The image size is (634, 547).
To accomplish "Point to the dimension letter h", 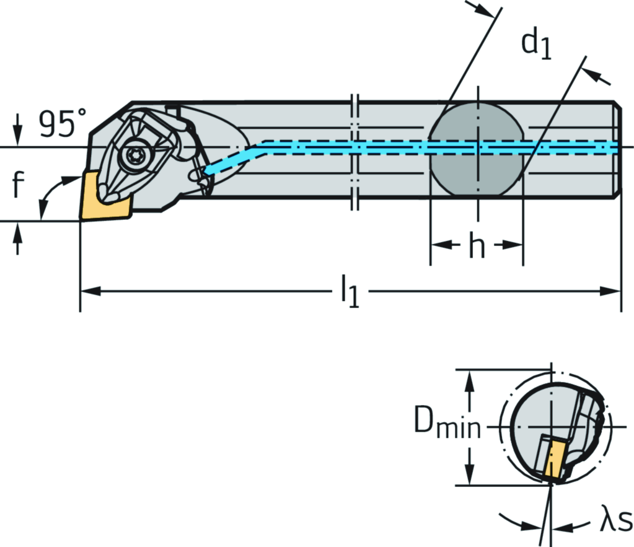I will (476, 247).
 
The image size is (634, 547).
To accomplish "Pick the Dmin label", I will (447, 425).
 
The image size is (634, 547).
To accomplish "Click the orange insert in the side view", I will (104, 195).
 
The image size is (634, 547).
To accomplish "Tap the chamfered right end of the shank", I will (617, 149).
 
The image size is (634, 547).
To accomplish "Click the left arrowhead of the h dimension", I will (438, 244).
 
